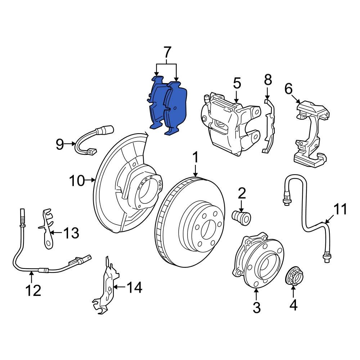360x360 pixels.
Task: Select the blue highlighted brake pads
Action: pos(168,106)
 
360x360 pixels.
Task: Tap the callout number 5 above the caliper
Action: pos(237,84)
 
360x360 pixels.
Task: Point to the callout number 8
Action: pos(267,80)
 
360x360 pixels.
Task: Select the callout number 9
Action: pos(59,145)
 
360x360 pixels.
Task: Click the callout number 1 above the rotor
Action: pos(195,158)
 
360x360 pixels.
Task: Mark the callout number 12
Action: pos(33,290)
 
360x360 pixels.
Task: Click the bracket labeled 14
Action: pos(106,286)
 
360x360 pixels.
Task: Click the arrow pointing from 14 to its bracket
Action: pos(119,287)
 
